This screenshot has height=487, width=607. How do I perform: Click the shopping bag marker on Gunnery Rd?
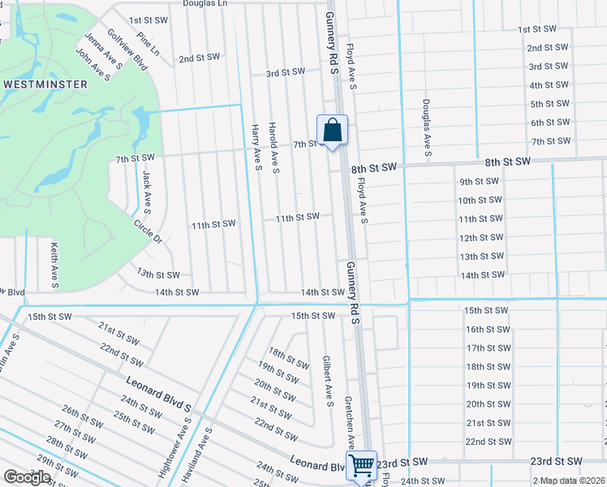[332, 130]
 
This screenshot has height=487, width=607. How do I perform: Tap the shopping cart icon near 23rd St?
[361, 465]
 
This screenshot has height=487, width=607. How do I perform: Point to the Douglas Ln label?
[205, 4]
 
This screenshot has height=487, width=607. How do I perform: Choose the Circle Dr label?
[149, 229]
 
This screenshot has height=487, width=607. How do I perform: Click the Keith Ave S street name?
[54, 265]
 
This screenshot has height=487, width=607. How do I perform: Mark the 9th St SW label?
[478, 182]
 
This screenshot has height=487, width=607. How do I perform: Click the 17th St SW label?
[487, 348]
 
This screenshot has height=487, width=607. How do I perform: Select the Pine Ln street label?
[149, 43]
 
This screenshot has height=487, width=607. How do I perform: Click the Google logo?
[27, 477]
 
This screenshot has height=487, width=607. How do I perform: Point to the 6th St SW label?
[550, 123]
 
